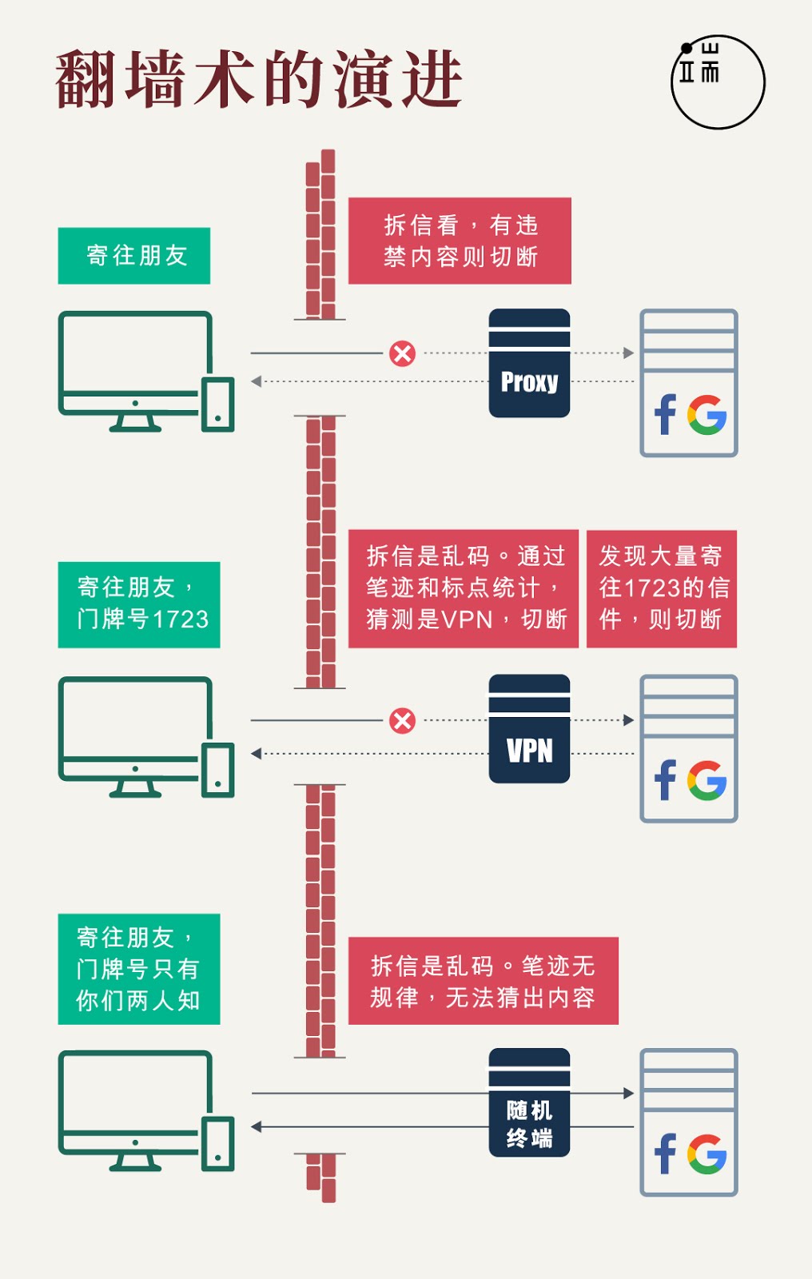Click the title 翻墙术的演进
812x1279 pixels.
click(x=259, y=79)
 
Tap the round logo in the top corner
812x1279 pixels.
click(x=717, y=82)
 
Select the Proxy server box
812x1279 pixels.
click(x=529, y=364)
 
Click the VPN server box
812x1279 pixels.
click(x=529, y=729)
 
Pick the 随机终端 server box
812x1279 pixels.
click(x=529, y=1102)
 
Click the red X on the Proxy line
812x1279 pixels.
click(x=402, y=353)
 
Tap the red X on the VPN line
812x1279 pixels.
click(x=402, y=720)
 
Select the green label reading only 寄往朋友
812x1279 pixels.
click(x=134, y=256)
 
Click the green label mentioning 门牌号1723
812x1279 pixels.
click(x=138, y=604)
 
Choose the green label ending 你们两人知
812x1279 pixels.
click(x=138, y=969)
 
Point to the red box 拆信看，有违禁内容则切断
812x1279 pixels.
click(x=460, y=241)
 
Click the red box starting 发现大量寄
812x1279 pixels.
click(x=661, y=588)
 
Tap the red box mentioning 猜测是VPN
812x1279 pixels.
click(x=463, y=588)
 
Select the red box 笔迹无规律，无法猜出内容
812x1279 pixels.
click(x=483, y=981)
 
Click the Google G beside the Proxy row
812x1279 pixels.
click(x=707, y=415)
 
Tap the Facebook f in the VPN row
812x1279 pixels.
click(x=665, y=780)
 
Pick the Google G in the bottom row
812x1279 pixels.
click(x=707, y=1153)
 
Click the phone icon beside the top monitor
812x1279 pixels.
click(x=217, y=404)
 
